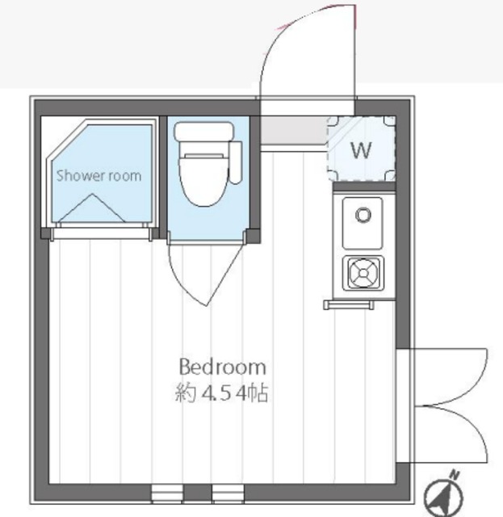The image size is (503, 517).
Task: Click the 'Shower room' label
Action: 98,175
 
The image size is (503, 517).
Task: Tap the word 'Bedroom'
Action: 222,366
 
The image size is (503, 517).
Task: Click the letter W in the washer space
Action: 361,149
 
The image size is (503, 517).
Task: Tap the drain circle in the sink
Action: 363,215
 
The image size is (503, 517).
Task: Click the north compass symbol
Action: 443,492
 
